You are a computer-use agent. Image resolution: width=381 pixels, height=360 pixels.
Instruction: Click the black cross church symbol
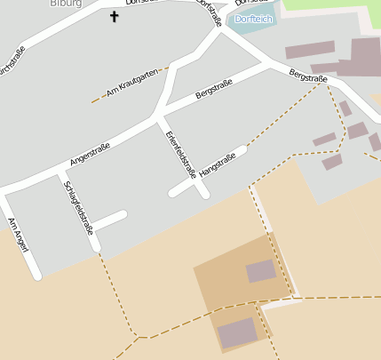pyautogui.click(x=114, y=16)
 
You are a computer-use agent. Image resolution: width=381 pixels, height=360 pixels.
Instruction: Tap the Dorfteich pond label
pyautogui.click(x=256, y=19)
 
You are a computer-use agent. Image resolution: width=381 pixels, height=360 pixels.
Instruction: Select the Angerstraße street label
pyautogui.click(x=92, y=153)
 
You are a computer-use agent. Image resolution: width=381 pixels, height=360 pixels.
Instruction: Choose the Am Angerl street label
pyautogui.click(x=18, y=235)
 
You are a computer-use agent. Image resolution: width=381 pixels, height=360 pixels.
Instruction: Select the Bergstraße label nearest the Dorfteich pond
pyautogui.click(x=307, y=79)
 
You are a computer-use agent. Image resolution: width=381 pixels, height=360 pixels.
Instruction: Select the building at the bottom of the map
pyautogui.click(x=236, y=333)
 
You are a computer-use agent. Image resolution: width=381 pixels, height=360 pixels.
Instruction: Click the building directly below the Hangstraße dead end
pyautogui.click(x=260, y=270)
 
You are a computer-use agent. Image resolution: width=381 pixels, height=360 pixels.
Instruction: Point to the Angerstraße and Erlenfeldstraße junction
pyautogui.click(x=158, y=115)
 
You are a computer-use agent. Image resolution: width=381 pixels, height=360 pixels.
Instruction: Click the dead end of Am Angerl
pyautogui.click(x=37, y=276)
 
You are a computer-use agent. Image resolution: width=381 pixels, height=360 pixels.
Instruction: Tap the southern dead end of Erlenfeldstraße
pyautogui.click(x=204, y=193)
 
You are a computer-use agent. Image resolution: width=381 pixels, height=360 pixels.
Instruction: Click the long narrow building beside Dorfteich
pyautogui.click(x=309, y=49)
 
